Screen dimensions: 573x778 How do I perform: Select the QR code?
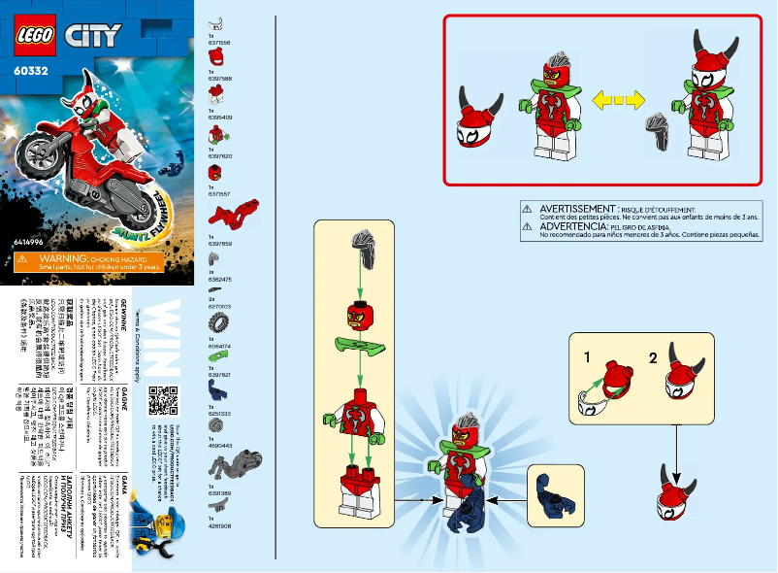(x=162, y=401)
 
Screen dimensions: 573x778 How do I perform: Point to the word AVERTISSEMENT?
(x=577, y=209)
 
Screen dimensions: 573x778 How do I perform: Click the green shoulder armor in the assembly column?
(x=359, y=344)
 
